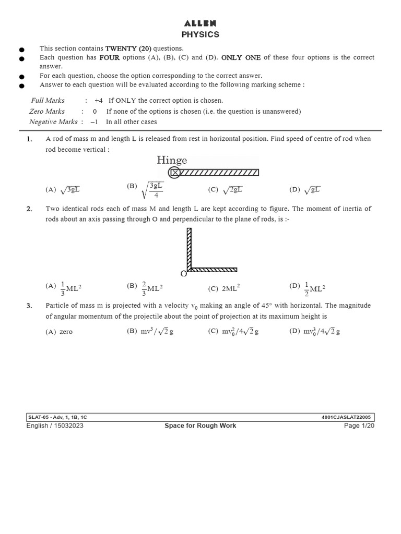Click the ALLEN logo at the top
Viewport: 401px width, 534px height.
tap(200, 23)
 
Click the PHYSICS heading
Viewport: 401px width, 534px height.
tap(200, 34)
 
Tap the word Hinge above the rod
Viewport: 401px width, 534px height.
tap(172, 160)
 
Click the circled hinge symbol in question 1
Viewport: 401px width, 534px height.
tap(175, 173)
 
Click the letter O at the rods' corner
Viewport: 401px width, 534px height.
tap(183, 274)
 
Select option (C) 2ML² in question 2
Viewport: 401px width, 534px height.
tap(224, 288)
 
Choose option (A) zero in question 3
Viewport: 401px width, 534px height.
tap(60, 332)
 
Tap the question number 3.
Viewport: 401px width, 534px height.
tap(29, 306)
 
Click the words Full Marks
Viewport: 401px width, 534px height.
tap(48, 100)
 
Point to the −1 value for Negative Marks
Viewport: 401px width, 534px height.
tap(94, 122)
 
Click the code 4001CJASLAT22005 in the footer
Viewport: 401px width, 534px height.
tap(347, 417)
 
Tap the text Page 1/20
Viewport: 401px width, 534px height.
tap(359, 426)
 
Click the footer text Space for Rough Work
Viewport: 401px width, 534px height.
tap(200, 426)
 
